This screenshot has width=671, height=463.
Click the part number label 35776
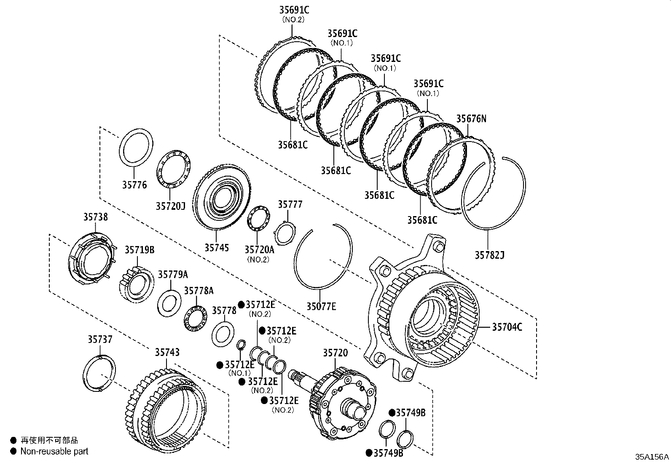pos(134,185)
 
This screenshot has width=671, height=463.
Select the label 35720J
pos(170,206)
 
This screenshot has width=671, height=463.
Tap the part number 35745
pos(217,247)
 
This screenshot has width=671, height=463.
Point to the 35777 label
pos(290,204)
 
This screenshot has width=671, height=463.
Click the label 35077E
pos(321,306)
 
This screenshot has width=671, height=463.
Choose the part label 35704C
pos(507,327)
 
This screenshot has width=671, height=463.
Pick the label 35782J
pos(489,255)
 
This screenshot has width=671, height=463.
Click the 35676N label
pos(471,118)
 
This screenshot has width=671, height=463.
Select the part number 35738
pos(95,217)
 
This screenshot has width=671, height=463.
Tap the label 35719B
pos(139,250)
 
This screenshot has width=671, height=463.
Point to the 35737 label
pos(100,339)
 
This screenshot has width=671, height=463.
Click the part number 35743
pos(167,352)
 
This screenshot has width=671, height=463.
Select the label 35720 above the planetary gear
pos(335,353)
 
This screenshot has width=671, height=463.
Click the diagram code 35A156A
pos(652,457)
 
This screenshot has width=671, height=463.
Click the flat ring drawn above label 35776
pos(137,150)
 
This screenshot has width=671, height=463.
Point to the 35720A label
pos(259,249)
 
